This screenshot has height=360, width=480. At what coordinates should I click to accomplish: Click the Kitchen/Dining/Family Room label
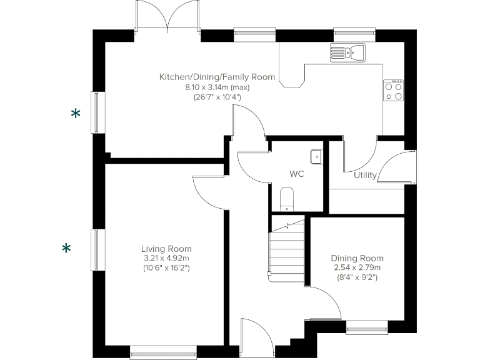(217, 77)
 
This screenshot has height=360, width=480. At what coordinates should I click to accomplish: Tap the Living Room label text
(166, 249)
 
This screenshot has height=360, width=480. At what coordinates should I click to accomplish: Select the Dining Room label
(357, 258)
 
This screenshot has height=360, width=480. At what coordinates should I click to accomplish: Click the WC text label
(296, 174)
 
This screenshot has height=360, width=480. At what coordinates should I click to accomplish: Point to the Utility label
(365, 175)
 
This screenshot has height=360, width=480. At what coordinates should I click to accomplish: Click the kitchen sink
(347, 52)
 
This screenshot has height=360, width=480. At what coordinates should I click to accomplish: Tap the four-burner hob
(393, 92)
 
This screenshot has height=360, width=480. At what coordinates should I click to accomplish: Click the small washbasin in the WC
(316, 156)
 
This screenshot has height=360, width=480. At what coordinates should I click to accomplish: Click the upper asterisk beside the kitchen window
(76, 114)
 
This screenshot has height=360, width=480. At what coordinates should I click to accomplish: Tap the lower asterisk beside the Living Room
(66, 249)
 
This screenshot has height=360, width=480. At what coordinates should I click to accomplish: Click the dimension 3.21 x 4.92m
(166, 258)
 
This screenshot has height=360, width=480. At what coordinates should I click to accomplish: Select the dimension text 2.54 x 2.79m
(357, 267)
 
